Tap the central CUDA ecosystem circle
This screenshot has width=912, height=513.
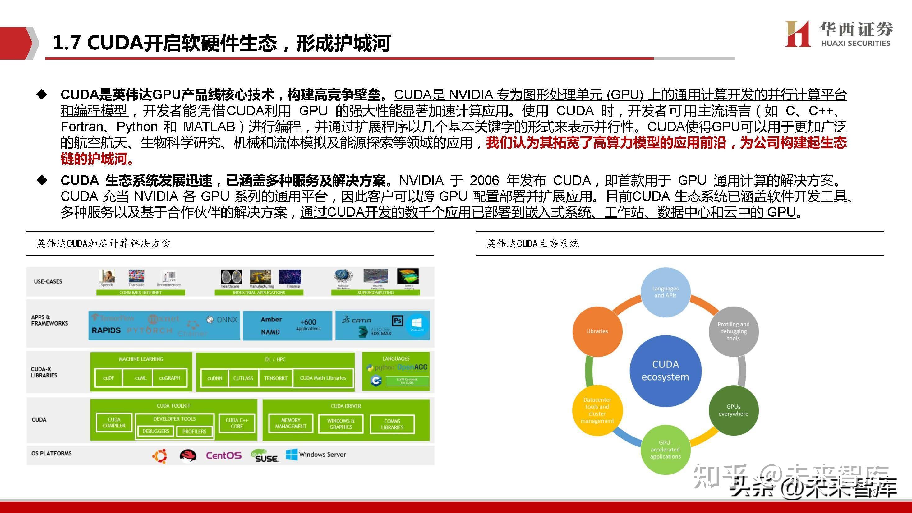click(665, 371)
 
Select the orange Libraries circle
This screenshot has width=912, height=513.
click(597, 331)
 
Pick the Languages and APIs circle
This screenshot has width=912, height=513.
click(665, 292)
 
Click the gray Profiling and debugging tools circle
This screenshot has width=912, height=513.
click(733, 331)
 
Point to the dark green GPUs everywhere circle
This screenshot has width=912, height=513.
click(733, 410)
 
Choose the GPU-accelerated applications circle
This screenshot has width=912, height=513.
click(665, 450)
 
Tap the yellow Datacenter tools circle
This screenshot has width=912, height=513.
click(597, 410)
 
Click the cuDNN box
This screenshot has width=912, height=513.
click(214, 378)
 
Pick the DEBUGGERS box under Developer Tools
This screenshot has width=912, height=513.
click(156, 431)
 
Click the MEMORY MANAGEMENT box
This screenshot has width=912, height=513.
click(291, 423)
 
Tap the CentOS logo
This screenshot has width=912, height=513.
click(224, 455)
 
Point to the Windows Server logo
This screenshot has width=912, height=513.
click(316, 455)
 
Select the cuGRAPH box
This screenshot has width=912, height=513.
click(170, 378)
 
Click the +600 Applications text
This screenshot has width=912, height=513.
click(308, 325)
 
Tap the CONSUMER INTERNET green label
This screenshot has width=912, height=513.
click(140, 293)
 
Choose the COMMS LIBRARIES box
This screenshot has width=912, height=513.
click(392, 424)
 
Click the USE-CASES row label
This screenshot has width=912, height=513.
click(48, 281)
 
